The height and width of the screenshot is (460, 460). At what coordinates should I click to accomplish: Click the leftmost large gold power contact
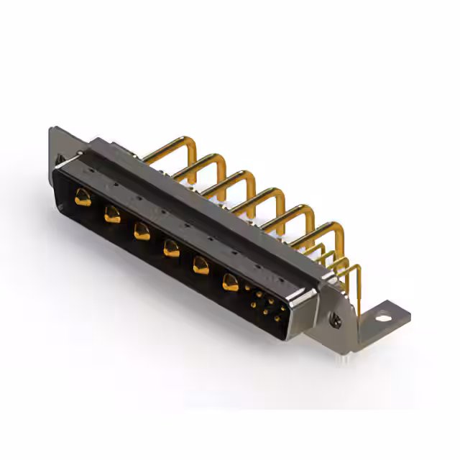tap(83, 196)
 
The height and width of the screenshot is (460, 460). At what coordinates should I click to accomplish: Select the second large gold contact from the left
tap(112, 213)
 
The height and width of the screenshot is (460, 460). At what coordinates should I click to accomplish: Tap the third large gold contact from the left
tap(142, 231)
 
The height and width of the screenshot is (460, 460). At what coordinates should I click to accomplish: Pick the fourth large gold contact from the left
tap(171, 248)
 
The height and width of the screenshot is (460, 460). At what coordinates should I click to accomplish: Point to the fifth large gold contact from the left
tap(201, 265)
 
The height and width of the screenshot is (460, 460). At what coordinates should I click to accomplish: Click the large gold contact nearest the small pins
tap(230, 282)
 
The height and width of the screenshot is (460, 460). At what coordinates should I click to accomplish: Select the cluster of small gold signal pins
tap(264, 303)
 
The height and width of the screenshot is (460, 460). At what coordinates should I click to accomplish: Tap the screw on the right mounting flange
tap(334, 314)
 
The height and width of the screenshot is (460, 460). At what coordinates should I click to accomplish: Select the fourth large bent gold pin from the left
tap(262, 197)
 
